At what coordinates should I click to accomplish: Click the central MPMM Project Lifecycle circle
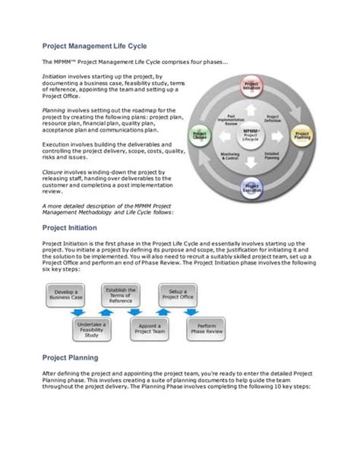(x=251, y=135)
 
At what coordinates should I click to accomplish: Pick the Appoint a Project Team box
(x=148, y=330)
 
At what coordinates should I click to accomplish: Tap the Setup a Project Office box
(x=178, y=294)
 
